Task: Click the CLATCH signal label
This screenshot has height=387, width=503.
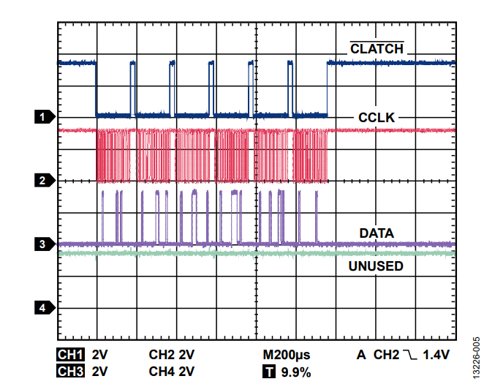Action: [x=377, y=49]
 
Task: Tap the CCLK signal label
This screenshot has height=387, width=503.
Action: [x=377, y=118]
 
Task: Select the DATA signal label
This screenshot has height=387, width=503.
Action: [x=377, y=233]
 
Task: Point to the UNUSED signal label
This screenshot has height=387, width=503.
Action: [x=376, y=266]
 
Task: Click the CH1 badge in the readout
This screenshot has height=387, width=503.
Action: [x=70, y=355]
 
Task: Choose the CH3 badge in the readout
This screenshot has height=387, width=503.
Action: [x=70, y=371]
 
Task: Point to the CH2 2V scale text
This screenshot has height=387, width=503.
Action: [x=172, y=355]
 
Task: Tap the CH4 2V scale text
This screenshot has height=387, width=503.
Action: [x=172, y=371]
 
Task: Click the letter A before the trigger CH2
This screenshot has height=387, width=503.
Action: [x=361, y=355]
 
